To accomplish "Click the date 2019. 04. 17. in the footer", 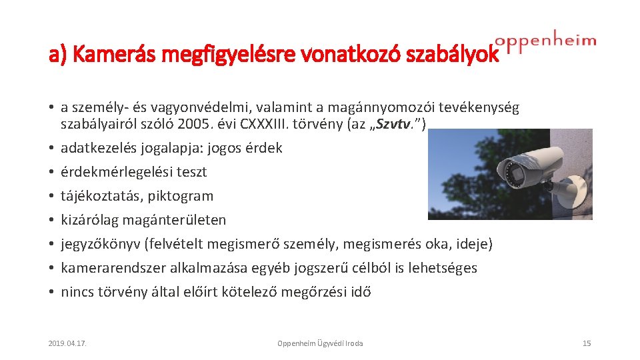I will pyautogui.click(x=68, y=343).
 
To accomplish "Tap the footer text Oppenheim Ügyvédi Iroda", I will pyautogui.click(x=320, y=343).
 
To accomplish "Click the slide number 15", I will pyautogui.click(x=587, y=343).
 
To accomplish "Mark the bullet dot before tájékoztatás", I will pyautogui.click(x=51, y=197).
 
